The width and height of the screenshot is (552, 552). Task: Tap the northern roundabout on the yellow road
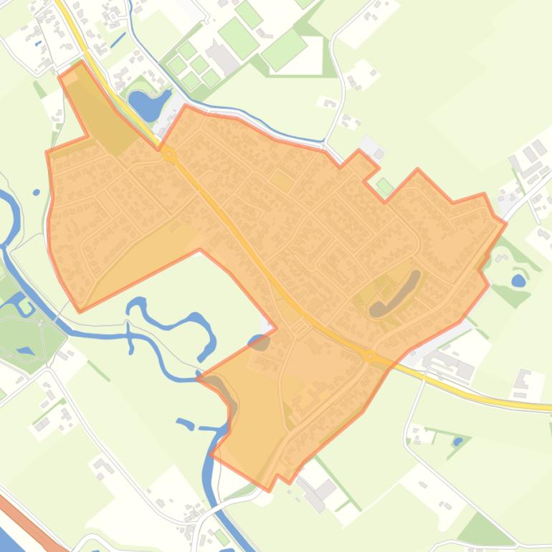(168, 153)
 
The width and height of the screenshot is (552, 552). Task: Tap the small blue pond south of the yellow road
(458, 442)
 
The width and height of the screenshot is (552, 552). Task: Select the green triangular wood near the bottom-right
(484, 530)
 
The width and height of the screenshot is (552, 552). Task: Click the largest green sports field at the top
(285, 49)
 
